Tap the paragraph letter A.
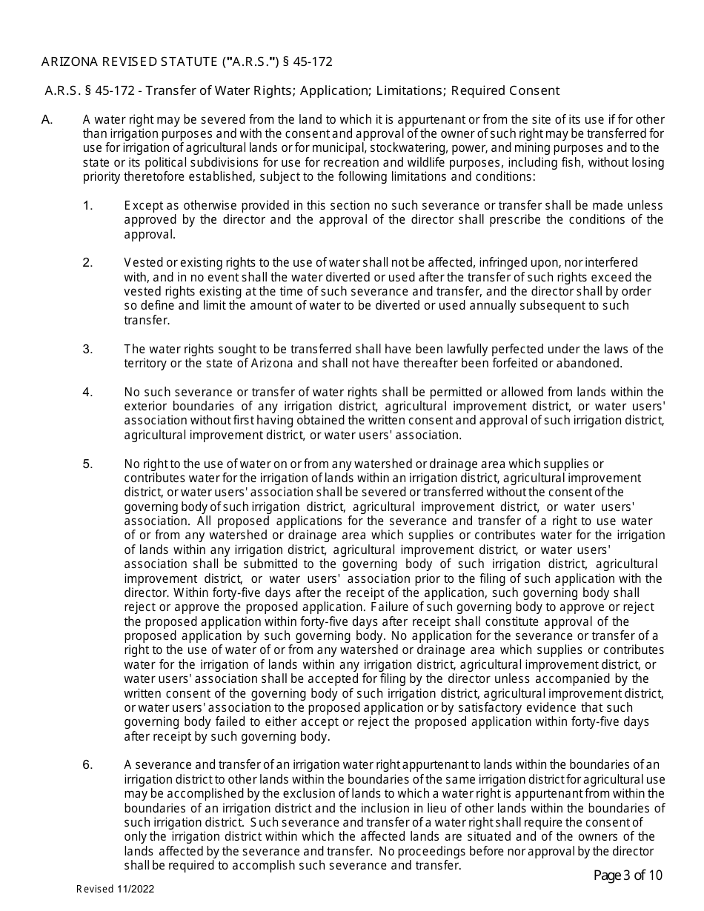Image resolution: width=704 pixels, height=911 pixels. click(47, 120)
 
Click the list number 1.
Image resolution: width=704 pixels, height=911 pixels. click(87, 205)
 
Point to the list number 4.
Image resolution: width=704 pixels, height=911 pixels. click(87, 392)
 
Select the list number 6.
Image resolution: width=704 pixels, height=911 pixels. click(87, 765)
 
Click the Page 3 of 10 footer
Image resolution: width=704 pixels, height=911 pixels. click(628, 875)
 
